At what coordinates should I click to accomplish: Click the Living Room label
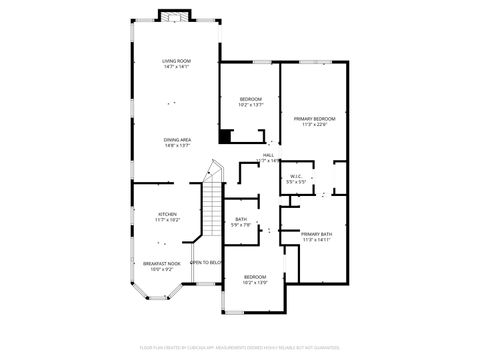pyautogui.click(x=177, y=61)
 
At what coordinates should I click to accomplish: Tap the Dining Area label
pyautogui.click(x=178, y=139)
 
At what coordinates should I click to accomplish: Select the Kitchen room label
pyautogui.click(x=167, y=214)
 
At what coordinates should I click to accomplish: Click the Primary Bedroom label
pyautogui.click(x=314, y=118)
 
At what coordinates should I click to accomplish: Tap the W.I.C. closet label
pyautogui.click(x=296, y=177)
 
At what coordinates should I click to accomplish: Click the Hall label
pyautogui.click(x=269, y=155)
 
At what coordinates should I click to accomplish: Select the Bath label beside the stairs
pyautogui.click(x=241, y=219)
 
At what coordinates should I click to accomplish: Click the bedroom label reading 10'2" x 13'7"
pyautogui.click(x=250, y=99)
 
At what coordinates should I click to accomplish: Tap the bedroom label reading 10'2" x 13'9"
pyautogui.click(x=255, y=276)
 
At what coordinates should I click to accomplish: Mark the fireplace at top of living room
pyautogui.click(x=174, y=16)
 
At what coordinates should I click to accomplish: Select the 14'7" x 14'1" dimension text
pyautogui.click(x=177, y=67)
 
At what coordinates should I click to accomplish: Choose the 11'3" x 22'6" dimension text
pyautogui.click(x=314, y=124)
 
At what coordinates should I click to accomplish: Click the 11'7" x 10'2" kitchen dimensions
pyautogui.click(x=167, y=220)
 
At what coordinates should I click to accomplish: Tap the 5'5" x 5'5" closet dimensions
pyautogui.click(x=296, y=183)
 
